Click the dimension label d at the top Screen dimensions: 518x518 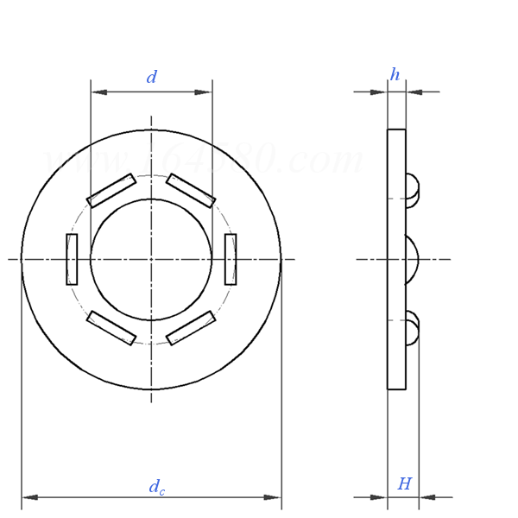[152, 78]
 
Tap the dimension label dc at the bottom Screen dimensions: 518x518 [156, 488]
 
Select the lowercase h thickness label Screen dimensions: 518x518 [395, 75]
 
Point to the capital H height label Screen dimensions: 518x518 [404, 484]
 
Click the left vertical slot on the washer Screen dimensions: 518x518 [72, 259]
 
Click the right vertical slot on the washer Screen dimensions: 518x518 [231, 259]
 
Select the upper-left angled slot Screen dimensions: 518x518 [111, 191]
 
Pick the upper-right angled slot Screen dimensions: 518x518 [191, 191]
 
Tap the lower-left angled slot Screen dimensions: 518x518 [111, 328]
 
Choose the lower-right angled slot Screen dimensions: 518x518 [191, 328]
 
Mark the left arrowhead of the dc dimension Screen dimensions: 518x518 [29, 497]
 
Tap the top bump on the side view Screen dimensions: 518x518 [412, 191]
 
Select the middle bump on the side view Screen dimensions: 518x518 [411, 259]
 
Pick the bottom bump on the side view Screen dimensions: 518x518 [412, 328]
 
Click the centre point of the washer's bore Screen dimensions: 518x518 [151, 259]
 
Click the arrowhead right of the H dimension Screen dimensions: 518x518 [426, 497]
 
